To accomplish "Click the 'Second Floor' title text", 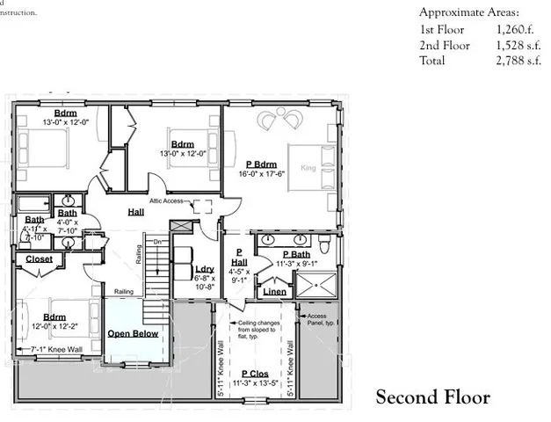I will point(432,397).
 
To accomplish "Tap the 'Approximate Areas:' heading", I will point(468,12).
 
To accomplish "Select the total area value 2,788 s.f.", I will point(518,60).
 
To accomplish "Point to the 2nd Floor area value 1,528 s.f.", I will point(518,44).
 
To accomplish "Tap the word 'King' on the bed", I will point(308,168).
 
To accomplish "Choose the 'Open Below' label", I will point(133,334).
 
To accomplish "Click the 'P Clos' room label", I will point(255,375).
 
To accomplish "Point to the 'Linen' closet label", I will point(274,292).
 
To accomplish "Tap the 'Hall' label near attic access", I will point(135,212).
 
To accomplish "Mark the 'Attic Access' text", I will point(166,201).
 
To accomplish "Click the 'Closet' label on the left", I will point(39,259).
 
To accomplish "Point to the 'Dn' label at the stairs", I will point(158,241).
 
